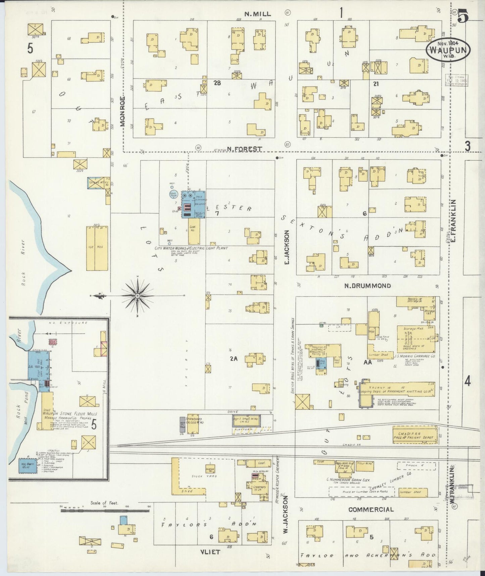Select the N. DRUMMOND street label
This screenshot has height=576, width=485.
(x=368, y=286)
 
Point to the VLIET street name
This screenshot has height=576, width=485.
(x=210, y=552)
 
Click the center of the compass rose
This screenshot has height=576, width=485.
(x=137, y=295)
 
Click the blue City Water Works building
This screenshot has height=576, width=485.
(x=193, y=205)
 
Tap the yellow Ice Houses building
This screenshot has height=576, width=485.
(x=97, y=248)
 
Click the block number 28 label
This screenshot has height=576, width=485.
(x=217, y=83)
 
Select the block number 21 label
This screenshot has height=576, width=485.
(x=376, y=84)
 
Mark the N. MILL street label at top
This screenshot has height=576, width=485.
(x=257, y=14)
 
